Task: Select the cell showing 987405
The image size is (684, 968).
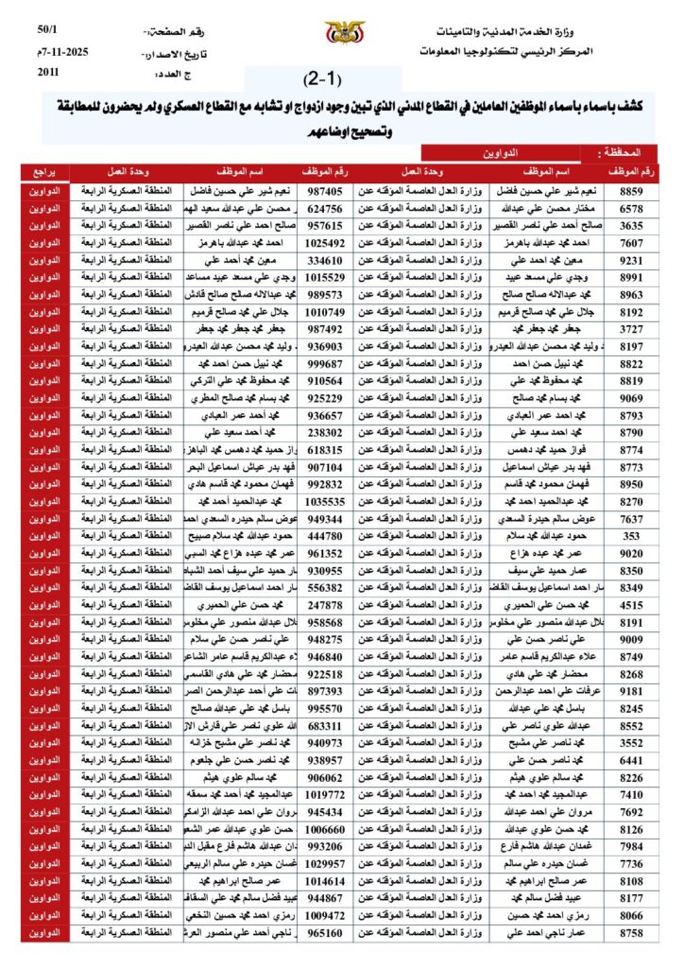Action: (325, 191)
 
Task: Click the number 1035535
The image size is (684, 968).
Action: (325, 501)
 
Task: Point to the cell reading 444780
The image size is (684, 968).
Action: (325, 536)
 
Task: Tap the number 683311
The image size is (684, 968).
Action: (325, 726)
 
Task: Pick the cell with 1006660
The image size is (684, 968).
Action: (325, 829)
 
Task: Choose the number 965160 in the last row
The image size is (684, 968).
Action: (325, 933)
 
